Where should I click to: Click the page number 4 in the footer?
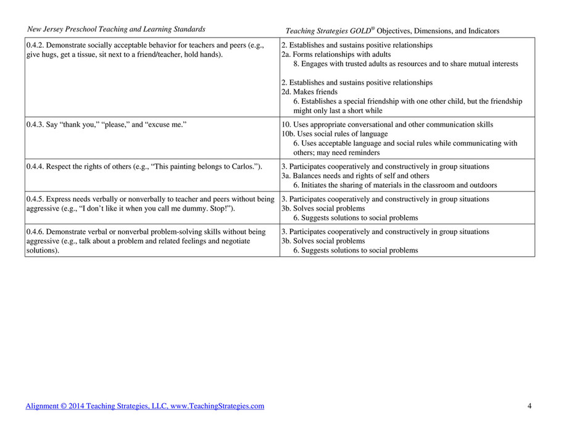[x=530, y=406]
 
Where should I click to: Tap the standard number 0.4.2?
[x=35, y=45]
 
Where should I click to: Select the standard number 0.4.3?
[x=35, y=124]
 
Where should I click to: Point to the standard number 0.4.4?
[x=35, y=166]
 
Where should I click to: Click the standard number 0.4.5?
[x=35, y=199]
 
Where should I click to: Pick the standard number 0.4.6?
[x=35, y=232]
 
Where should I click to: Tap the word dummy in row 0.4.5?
[x=182, y=209]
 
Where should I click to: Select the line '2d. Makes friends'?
[x=309, y=92]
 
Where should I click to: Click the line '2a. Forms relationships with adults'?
[x=336, y=54]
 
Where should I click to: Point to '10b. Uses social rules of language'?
[x=335, y=134]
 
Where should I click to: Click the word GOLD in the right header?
[x=357, y=30]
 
